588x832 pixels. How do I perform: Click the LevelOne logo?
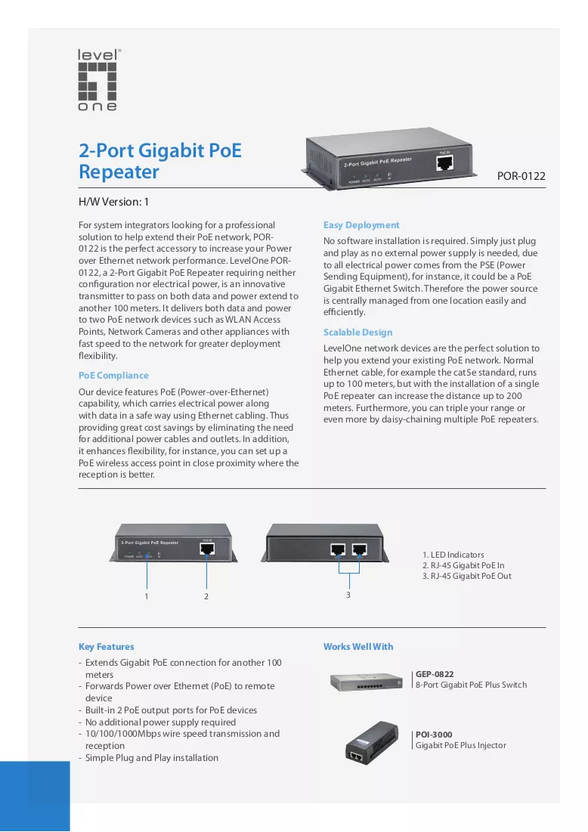[x=98, y=80]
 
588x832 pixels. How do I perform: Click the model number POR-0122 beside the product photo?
[x=521, y=176]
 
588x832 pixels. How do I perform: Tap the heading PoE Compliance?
[x=113, y=376]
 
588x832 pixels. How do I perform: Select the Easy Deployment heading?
[x=361, y=225]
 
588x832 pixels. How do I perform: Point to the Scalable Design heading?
[x=358, y=332]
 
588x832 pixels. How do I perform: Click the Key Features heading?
[x=106, y=647]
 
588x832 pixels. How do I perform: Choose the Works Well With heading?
[x=358, y=647]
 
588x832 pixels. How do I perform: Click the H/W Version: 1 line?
[x=113, y=203]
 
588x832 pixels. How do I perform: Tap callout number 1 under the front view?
[x=147, y=596]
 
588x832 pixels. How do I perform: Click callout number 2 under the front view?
[x=206, y=596]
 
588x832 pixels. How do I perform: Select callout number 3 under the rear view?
[x=348, y=595]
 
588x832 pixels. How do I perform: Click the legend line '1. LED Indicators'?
[x=453, y=555]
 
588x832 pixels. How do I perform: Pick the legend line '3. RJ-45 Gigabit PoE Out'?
[x=467, y=577]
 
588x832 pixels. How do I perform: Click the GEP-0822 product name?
[x=435, y=674]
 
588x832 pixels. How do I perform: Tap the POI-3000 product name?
[x=434, y=735]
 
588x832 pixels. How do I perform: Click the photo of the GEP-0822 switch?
[x=366, y=682]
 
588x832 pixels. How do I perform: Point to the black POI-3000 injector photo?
[x=372, y=743]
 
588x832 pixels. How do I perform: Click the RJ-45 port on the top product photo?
[x=444, y=163]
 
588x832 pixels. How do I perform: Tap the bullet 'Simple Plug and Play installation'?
[x=152, y=758]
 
